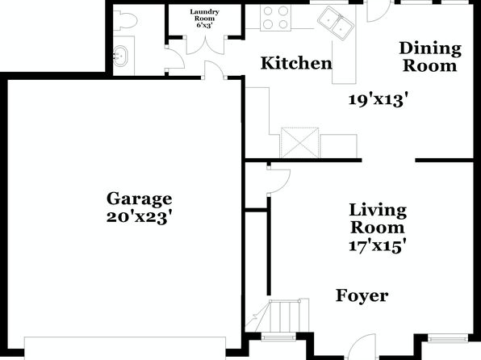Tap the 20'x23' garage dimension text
(139, 218)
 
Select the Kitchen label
(296, 63)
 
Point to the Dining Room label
(430, 57)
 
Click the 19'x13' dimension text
(380, 100)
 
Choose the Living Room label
(378, 219)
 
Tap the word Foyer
(362, 295)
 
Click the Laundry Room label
(205, 15)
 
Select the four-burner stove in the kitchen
(275, 18)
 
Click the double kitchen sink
(335, 23)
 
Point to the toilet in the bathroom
(124, 20)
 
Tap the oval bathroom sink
(120, 56)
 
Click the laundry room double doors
(206, 45)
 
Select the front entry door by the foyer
(362, 346)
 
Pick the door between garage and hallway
(214, 70)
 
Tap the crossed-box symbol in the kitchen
(299, 142)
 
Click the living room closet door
(278, 181)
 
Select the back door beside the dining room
(379, 11)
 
